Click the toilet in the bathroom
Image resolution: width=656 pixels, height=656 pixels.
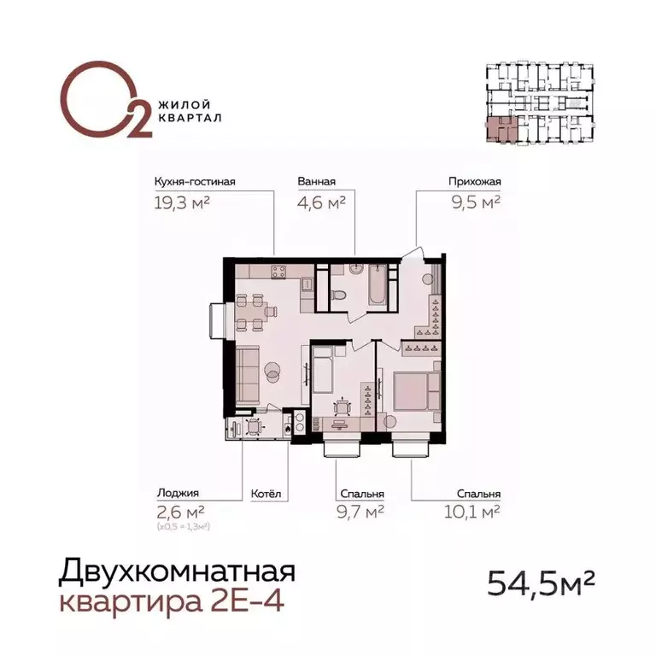pyautogui.click(x=340, y=295)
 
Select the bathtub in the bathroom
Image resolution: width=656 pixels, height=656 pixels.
pyautogui.click(x=376, y=288)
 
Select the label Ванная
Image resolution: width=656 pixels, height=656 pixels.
pyautogui.click(x=316, y=181)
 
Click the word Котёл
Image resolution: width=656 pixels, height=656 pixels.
pyautogui.click(x=265, y=494)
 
